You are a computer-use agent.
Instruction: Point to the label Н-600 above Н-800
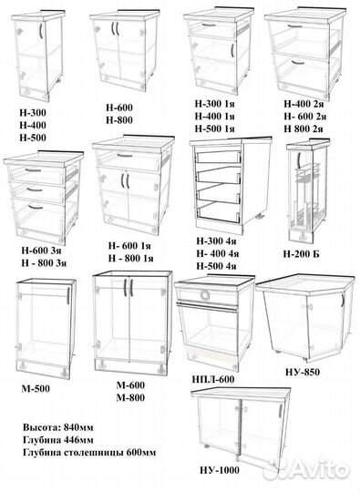point(122,108)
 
